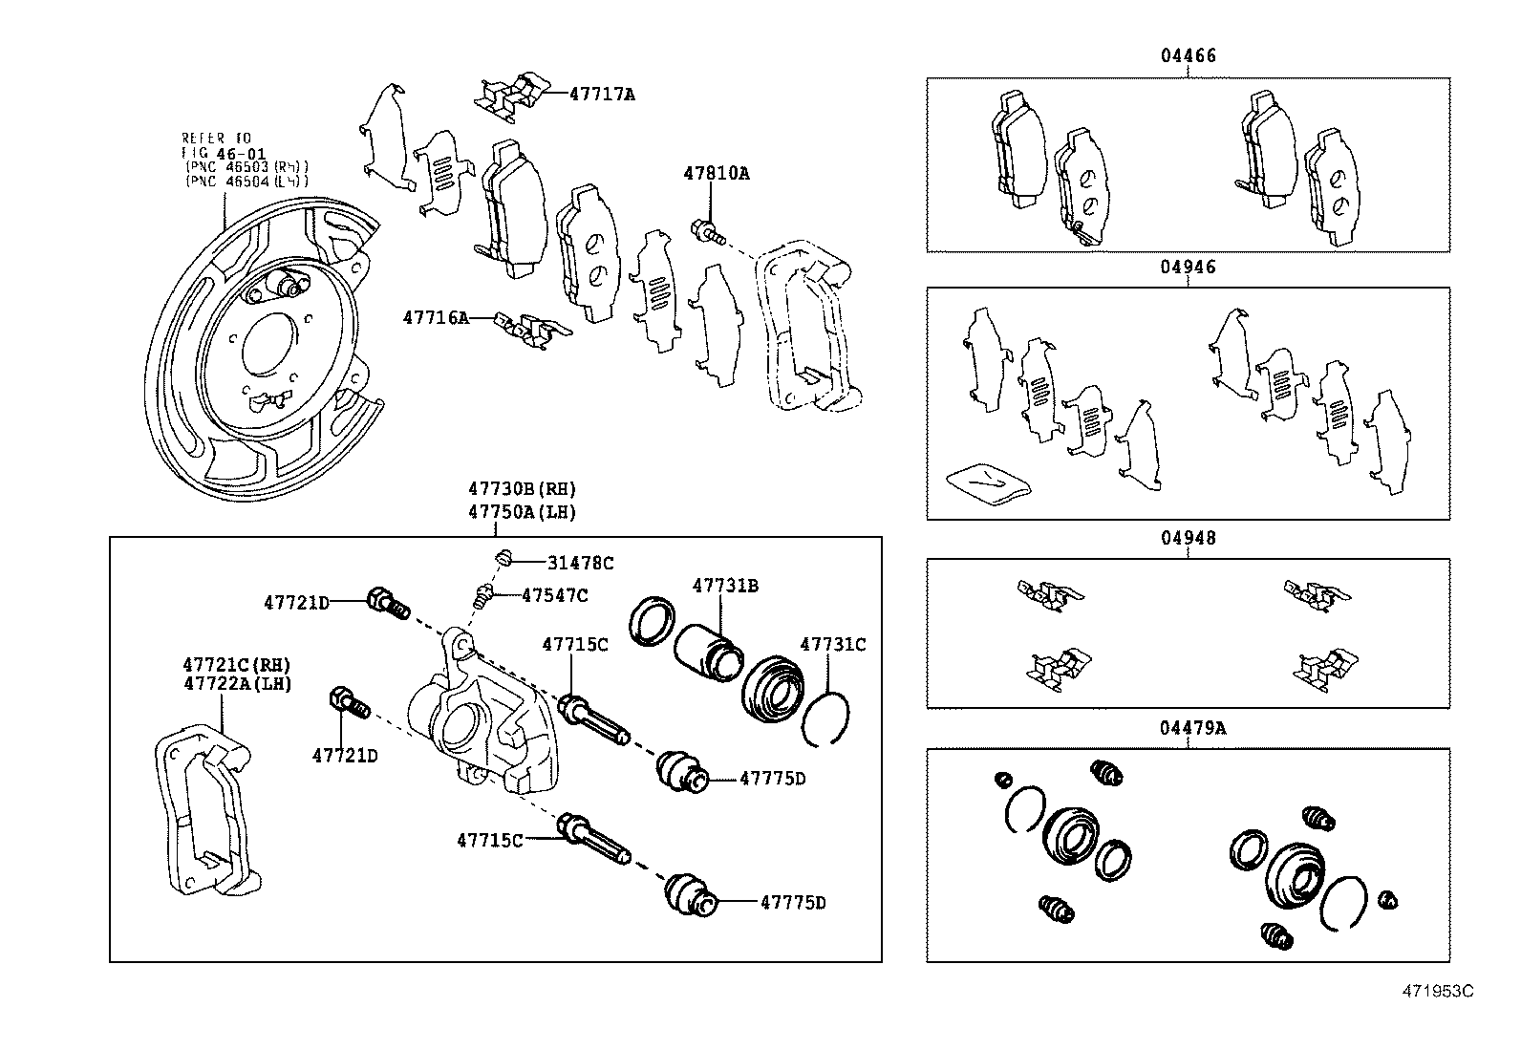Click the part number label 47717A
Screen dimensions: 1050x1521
click(602, 95)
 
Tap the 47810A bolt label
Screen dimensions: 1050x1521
click(716, 174)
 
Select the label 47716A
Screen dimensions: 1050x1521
click(436, 317)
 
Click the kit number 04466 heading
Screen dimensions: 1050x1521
click(1189, 55)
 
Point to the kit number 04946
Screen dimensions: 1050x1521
click(1189, 267)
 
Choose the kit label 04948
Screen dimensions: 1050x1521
click(1189, 538)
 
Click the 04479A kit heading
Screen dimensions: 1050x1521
click(1192, 728)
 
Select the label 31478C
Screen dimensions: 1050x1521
click(580, 564)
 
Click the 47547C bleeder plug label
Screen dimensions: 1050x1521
click(554, 595)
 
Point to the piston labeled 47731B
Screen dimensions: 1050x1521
click(707, 652)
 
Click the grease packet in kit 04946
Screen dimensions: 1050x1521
click(987, 480)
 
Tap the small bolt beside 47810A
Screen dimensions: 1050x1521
click(705, 229)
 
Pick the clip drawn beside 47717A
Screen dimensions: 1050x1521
click(510, 96)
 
